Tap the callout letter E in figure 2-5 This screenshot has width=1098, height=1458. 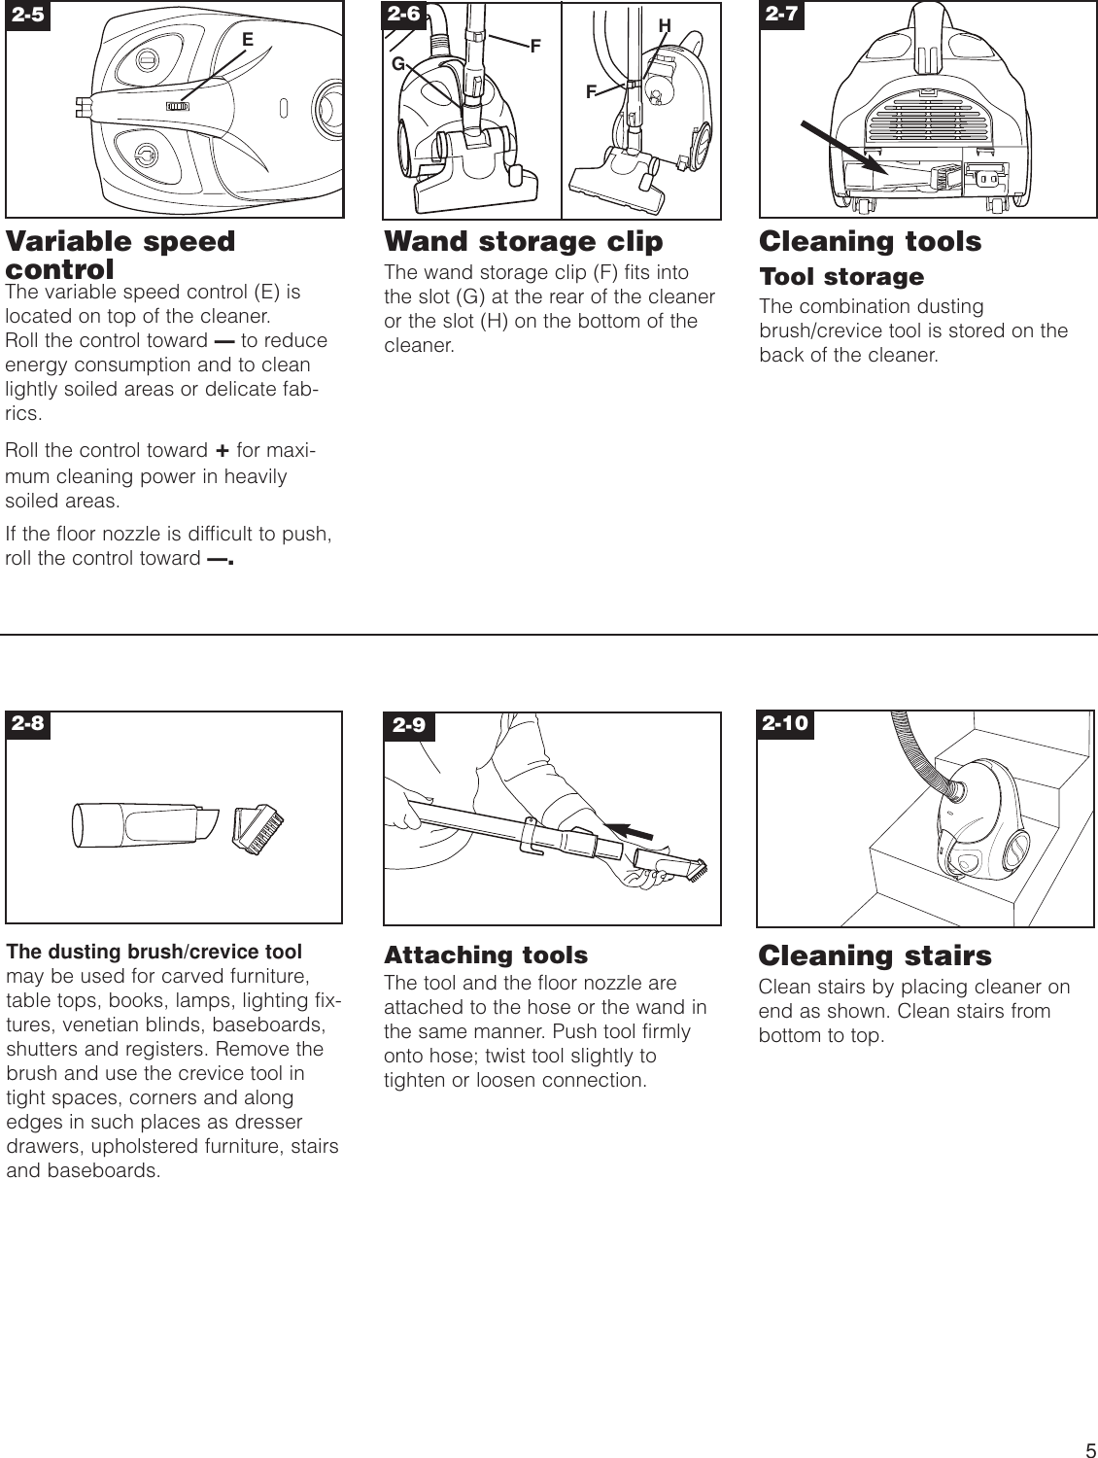pos(248,40)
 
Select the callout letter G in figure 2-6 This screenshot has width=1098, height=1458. pos(397,64)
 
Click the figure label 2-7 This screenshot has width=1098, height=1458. pos(781,15)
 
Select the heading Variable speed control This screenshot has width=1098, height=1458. pos(120,255)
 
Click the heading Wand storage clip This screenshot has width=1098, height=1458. pos(523,241)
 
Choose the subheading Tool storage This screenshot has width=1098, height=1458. pos(841,277)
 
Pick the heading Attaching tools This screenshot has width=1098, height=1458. pos(486,955)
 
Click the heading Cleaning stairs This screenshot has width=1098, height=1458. pos(875,955)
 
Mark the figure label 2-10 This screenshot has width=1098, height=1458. pos(785,724)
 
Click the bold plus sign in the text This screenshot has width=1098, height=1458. pos(222,451)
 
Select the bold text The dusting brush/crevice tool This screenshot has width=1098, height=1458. pos(154,952)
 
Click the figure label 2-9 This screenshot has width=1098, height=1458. pos(409,726)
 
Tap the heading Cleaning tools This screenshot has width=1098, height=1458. pos(870,241)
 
